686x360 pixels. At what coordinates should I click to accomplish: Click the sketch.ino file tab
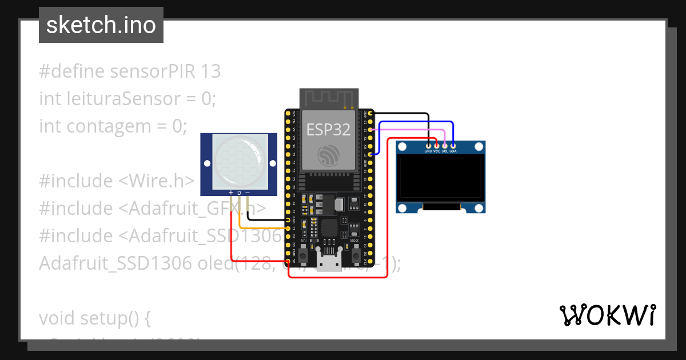[x=101, y=25]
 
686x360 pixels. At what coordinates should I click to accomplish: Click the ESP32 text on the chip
[x=328, y=130]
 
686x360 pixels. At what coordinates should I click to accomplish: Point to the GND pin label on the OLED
[x=428, y=151]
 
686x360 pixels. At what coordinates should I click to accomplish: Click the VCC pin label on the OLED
[x=436, y=151]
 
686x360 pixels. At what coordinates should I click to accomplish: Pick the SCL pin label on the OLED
[x=444, y=151]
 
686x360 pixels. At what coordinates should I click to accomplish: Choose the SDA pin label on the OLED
[x=453, y=151]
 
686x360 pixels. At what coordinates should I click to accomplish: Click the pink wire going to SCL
[x=412, y=129]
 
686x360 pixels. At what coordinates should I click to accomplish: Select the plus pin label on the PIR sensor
[x=231, y=193]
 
